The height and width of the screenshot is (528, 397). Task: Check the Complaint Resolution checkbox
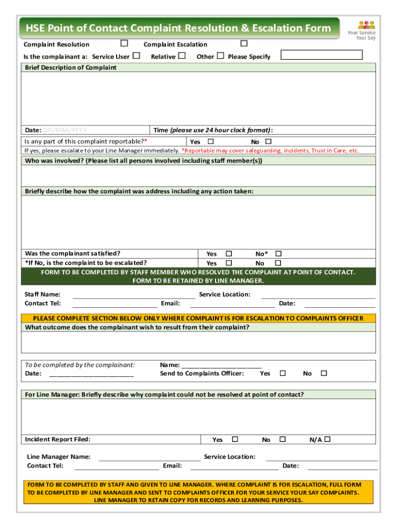click(x=124, y=44)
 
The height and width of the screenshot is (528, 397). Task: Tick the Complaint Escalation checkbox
click(x=244, y=44)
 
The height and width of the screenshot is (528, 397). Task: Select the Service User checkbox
click(x=137, y=56)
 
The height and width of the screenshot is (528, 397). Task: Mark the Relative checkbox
click(x=182, y=56)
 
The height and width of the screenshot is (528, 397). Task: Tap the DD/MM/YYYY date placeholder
click(x=64, y=130)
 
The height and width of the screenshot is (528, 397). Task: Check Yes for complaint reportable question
click(x=210, y=141)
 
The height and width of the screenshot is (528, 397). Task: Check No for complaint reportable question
click(x=268, y=141)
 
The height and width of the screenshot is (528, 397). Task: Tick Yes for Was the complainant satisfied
click(x=229, y=254)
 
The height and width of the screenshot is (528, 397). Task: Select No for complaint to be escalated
click(x=278, y=263)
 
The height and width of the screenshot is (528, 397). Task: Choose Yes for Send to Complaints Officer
click(x=283, y=373)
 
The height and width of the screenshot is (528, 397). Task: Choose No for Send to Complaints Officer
click(x=324, y=373)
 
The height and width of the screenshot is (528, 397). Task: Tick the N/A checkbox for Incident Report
click(x=327, y=439)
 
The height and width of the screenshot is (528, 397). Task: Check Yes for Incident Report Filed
click(x=235, y=439)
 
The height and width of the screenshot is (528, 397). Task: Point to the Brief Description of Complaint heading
click(x=71, y=68)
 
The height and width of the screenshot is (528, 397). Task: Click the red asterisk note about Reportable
click(x=270, y=151)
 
